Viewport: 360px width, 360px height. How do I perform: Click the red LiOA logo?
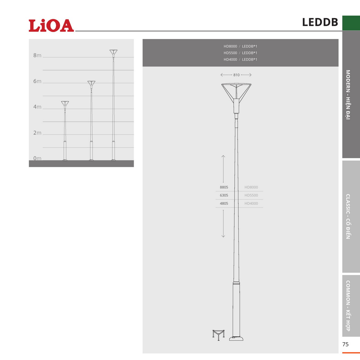pos(51,25)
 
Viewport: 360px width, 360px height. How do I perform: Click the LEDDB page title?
pos(320,22)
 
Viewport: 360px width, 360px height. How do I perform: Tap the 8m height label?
pos(37,55)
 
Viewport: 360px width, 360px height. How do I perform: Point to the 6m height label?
pos(37,81)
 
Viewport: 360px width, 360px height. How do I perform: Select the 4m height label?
pos(37,107)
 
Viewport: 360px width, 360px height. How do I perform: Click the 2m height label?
pos(37,133)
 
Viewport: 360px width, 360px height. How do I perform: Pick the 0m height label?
pos(37,158)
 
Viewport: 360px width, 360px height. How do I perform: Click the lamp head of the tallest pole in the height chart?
pos(114,53)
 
